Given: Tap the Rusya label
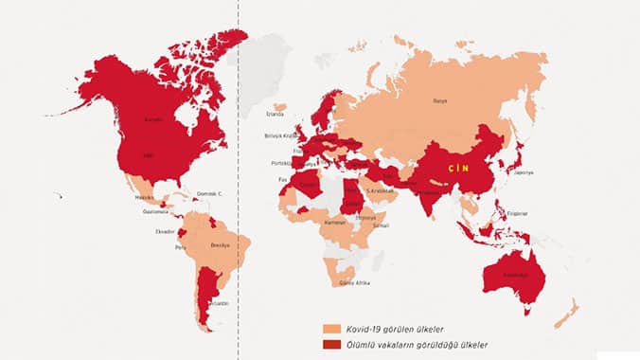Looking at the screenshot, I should [439, 100].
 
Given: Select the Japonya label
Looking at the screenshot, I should [523, 172].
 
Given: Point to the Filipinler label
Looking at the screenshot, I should [517, 213].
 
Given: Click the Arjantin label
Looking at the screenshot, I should [219, 303].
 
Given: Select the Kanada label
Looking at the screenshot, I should [153, 119].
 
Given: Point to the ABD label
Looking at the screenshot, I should [148, 155].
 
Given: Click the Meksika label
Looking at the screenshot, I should [145, 198].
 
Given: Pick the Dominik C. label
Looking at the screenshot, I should [208, 194].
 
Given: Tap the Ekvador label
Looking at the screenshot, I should [166, 231].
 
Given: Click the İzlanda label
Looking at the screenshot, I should [275, 115].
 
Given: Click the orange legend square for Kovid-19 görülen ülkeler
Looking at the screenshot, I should [330, 328].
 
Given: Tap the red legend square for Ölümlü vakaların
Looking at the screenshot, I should [330, 344].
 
